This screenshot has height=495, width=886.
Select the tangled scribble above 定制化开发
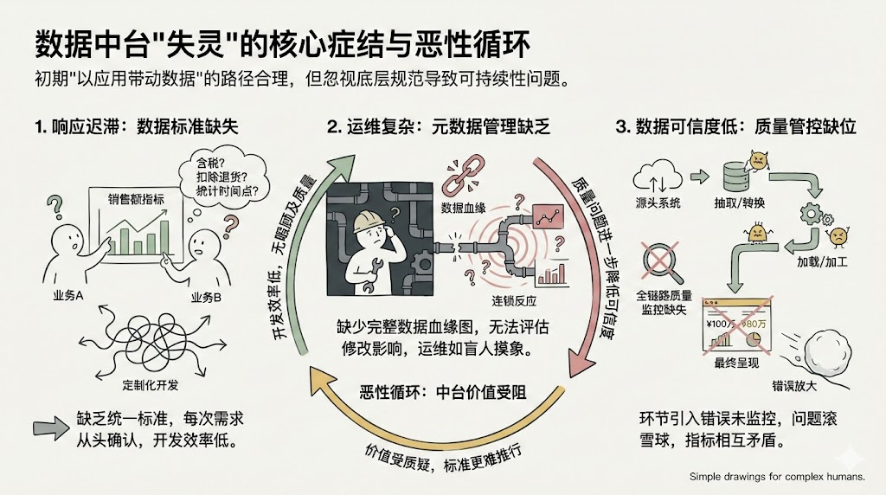136,341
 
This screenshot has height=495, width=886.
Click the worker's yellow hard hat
369,222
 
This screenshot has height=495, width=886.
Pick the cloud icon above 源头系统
658,176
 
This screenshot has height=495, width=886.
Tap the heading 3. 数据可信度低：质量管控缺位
735,127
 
